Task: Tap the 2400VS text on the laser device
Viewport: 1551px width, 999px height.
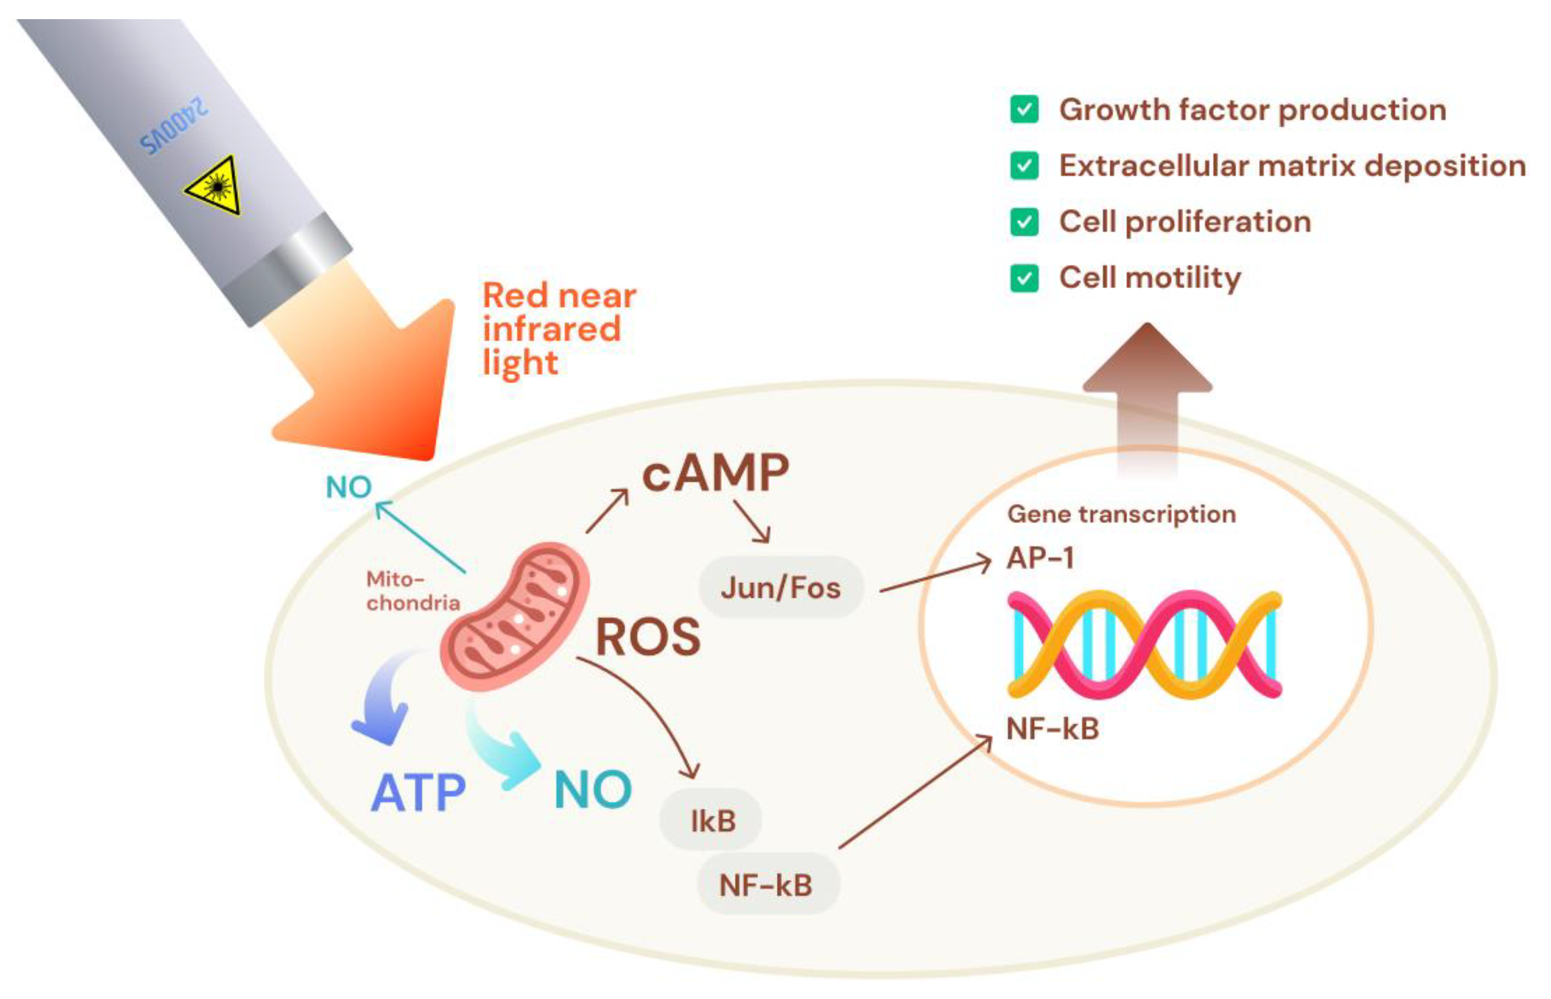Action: [x=174, y=127]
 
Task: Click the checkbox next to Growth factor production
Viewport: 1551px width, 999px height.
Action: [x=1024, y=110]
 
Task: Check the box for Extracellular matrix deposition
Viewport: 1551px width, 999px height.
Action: [x=1024, y=166]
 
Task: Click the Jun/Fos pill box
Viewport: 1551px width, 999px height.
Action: [x=781, y=587]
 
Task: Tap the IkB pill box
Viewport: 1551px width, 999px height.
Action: [x=711, y=820]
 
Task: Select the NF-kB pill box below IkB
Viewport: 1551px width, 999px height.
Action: [x=766, y=885]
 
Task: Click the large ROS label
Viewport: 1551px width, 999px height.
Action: [x=648, y=637]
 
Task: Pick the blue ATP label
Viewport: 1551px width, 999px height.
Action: [x=418, y=793]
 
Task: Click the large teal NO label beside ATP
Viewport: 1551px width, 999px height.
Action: [x=592, y=790]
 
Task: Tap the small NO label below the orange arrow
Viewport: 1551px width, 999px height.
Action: [x=348, y=487]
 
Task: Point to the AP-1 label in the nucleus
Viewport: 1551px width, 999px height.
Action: [x=1040, y=558]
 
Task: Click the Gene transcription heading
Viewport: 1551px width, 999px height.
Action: [x=1121, y=515]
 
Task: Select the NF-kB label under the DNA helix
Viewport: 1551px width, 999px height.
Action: [x=1052, y=728]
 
